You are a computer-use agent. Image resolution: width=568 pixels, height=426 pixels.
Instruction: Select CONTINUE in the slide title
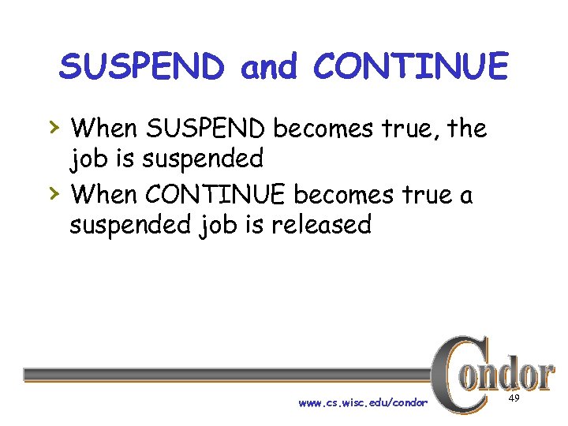(x=410, y=67)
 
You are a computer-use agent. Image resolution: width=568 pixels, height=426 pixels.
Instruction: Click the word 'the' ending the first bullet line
(x=466, y=127)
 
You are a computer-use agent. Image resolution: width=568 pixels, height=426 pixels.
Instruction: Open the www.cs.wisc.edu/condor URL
(x=363, y=403)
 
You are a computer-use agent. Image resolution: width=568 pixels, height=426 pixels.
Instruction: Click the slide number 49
(x=514, y=400)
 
